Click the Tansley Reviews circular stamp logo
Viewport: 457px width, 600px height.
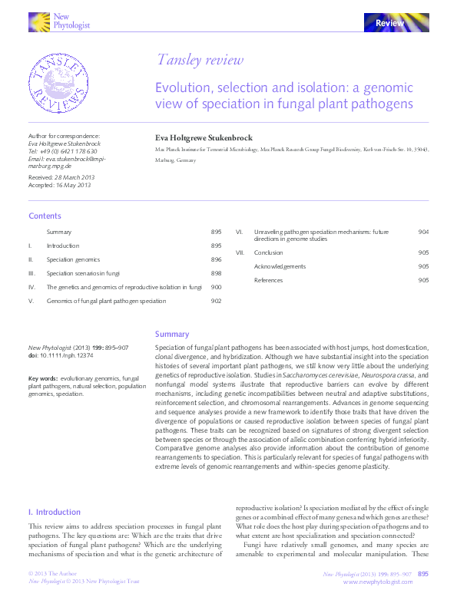(x=57, y=83)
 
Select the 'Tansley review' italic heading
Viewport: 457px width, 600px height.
(x=200, y=60)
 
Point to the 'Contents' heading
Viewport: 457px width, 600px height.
(x=45, y=216)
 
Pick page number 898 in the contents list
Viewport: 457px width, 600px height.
(x=216, y=273)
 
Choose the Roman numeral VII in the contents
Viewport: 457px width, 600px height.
(x=240, y=252)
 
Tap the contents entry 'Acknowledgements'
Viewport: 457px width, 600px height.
(x=280, y=266)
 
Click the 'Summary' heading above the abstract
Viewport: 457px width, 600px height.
(x=172, y=335)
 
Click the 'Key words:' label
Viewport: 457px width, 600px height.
(x=44, y=379)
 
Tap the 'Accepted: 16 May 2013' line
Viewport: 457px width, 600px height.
(x=59, y=185)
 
